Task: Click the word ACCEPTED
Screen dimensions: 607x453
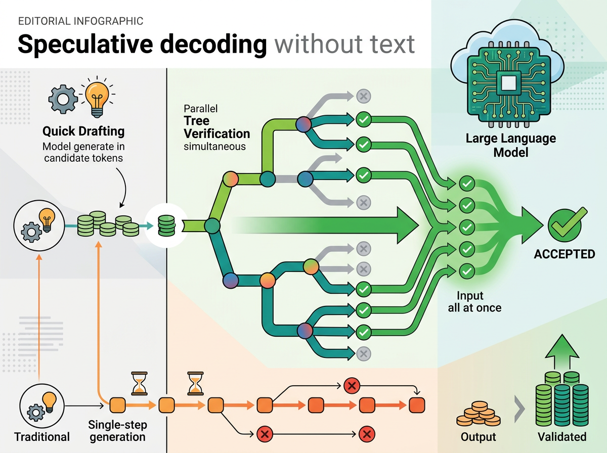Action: click(x=564, y=254)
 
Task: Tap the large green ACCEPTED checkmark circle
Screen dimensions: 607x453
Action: click(x=565, y=226)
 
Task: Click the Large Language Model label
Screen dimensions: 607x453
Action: click(x=510, y=145)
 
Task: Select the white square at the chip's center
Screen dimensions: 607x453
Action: click(x=508, y=82)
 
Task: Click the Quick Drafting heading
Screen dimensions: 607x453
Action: click(x=83, y=131)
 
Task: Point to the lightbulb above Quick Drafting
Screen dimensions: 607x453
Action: click(x=97, y=97)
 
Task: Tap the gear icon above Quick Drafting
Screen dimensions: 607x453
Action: click(x=63, y=99)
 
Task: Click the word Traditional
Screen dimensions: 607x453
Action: click(x=42, y=437)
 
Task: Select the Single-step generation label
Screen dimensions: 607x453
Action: click(x=117, y=431)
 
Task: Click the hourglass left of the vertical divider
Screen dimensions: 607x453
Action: click(x=139, y=383)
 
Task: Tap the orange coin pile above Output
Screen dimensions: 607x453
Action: click(x=478, y=413)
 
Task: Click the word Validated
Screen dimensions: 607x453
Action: click(x=562, y=437)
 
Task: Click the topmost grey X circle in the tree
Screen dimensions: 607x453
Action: click(x=363, y=96)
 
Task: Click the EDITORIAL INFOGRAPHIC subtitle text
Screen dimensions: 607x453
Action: click(x=81, y=21)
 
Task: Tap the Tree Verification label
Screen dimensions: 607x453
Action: click(x=217, y=127)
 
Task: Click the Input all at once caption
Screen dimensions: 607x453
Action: click(x=474, y=301)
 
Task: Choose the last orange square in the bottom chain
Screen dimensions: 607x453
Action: click(x=417, y=405)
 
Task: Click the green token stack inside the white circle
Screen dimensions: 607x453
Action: click(x=166, y=226)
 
